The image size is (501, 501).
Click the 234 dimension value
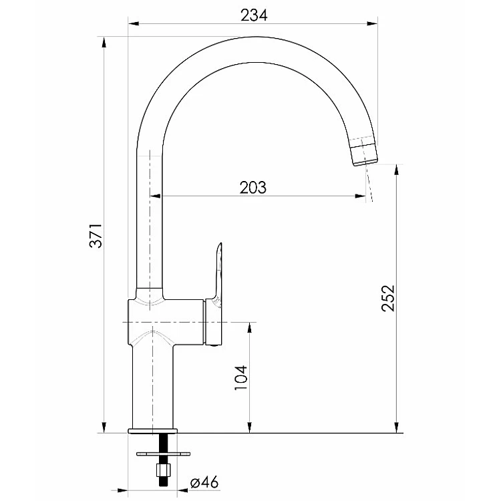pyautogui.click(x=254, y=15)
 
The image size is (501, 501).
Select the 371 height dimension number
pyautogui.click(x=96, y=236)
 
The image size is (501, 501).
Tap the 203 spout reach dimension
pyautogui.click(x=253, y=188)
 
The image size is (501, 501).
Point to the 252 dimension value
pyautogui.click(x=388, y=298)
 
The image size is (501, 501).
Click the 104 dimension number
pyautogui.click(x=241, y=377)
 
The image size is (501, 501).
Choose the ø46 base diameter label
pyautogui.click(x=204, y=482)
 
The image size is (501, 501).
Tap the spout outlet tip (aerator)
pyautogui.click(x=364, y=155)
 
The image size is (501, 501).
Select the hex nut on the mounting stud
pyautogui.click(x=164, y=470)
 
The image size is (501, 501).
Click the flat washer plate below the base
pyautogui.click(x=163, y=454)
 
